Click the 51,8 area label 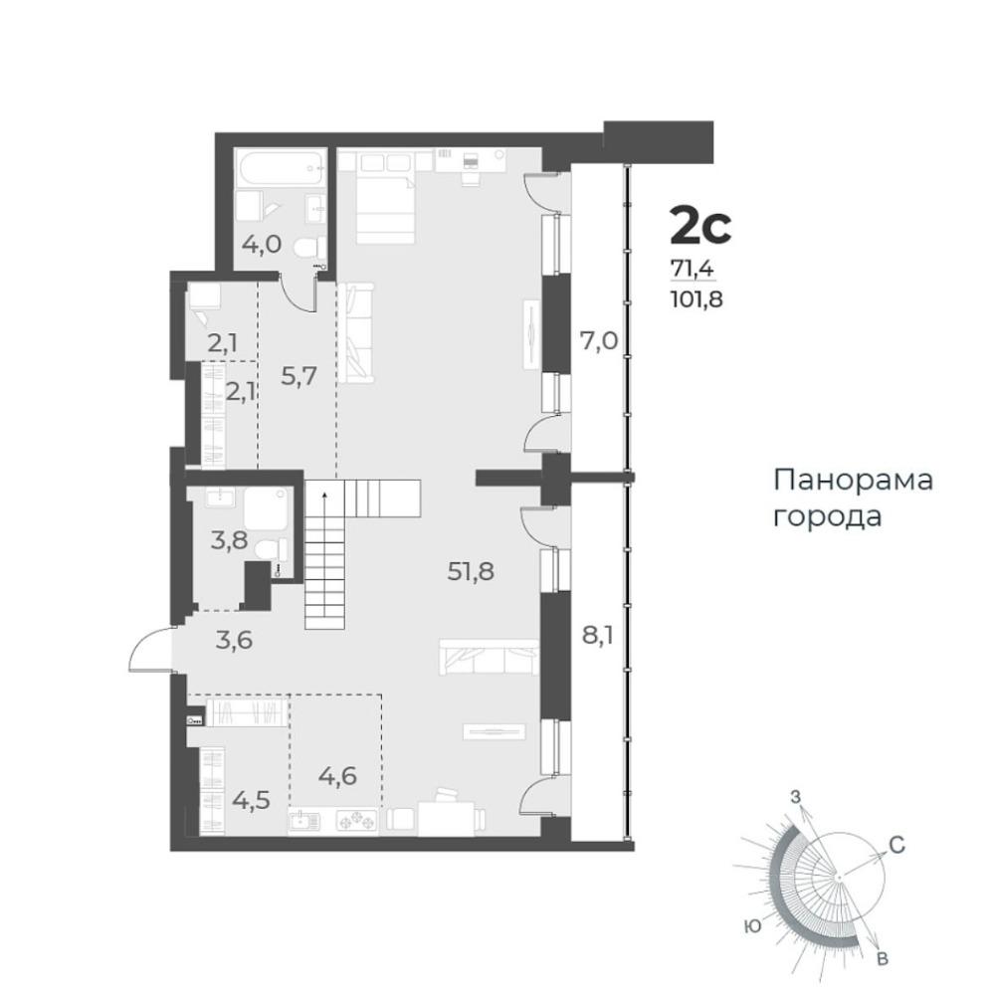(471, 572)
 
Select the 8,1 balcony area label (598, 635)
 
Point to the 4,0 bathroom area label (262, 244)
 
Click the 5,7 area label (298, 377)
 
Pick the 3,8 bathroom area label (230, 542)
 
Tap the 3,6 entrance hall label (234, 640)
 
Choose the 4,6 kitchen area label (337, 775)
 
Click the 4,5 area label (252, 800)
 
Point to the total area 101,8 (696, 298)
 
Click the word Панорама (853, 481)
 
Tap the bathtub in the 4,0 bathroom (282, 167)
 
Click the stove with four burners (356, 821)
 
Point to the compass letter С (896, 845)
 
